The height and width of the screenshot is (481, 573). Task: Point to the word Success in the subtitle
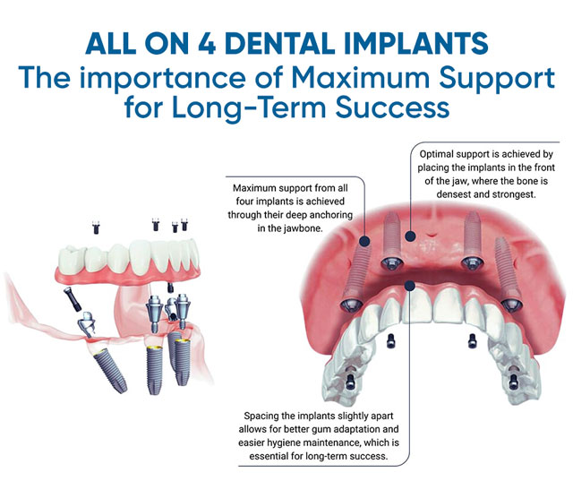pyautogui.click(x=392, y=107)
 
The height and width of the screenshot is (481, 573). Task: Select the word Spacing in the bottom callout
pyautogui.click(x=259, y=417)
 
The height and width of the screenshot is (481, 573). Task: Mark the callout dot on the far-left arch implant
pyautogui.click(x=365, y=241)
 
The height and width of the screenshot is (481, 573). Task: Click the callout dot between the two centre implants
pyautogui.click(x=410, y=236)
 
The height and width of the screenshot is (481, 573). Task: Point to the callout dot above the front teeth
pyautogui.click(x=410, y=286)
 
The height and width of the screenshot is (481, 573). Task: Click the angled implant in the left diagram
pyautogui.click(x=108, y=372)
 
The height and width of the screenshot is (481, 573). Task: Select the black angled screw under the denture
pyautogui.click(x=72, y=298)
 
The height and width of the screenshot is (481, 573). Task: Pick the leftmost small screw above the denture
pyautogui.click(x=96, y=228)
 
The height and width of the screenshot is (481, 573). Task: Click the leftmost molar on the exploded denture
pyautogui.click(x=72, y=259)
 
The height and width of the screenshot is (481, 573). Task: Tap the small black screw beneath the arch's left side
pyautogui.click(x=390, y=341)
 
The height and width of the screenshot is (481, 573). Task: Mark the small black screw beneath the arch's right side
pyautogui.click(x=472, y=341)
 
